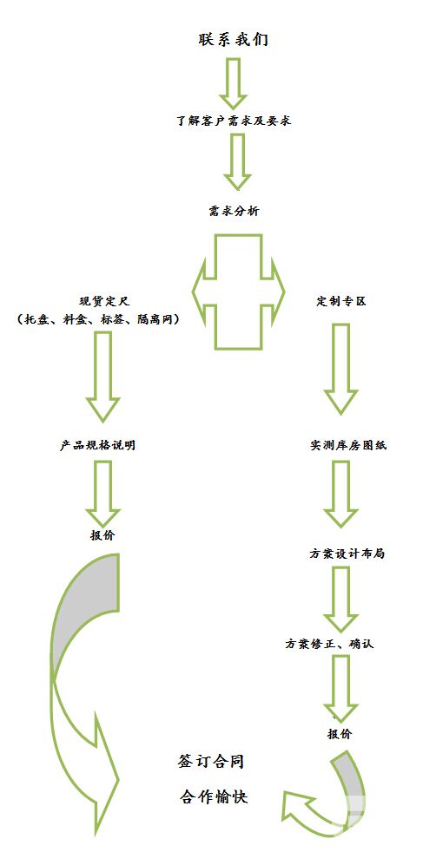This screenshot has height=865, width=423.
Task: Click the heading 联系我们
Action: click(x=234, y=40)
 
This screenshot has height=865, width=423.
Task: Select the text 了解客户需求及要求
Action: click(x=234, y=121)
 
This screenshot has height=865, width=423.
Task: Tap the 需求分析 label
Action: click(x=234, y=212)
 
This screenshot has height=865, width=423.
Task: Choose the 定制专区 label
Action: click(x=340, y=302)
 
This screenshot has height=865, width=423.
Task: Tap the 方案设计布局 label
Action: click(x=347, y=554)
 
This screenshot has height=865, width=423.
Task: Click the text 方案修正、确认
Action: click(x=329, y=644)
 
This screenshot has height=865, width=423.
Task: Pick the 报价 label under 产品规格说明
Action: click(x=102, y=535)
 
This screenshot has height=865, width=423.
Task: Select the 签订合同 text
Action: click(x=210, y=763)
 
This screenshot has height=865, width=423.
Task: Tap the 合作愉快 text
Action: click(x=214, y=797)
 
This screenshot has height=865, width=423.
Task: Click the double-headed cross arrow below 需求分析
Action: click(x=238, y=292)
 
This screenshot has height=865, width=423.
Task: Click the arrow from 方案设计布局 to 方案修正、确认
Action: click(x=340, y=600)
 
